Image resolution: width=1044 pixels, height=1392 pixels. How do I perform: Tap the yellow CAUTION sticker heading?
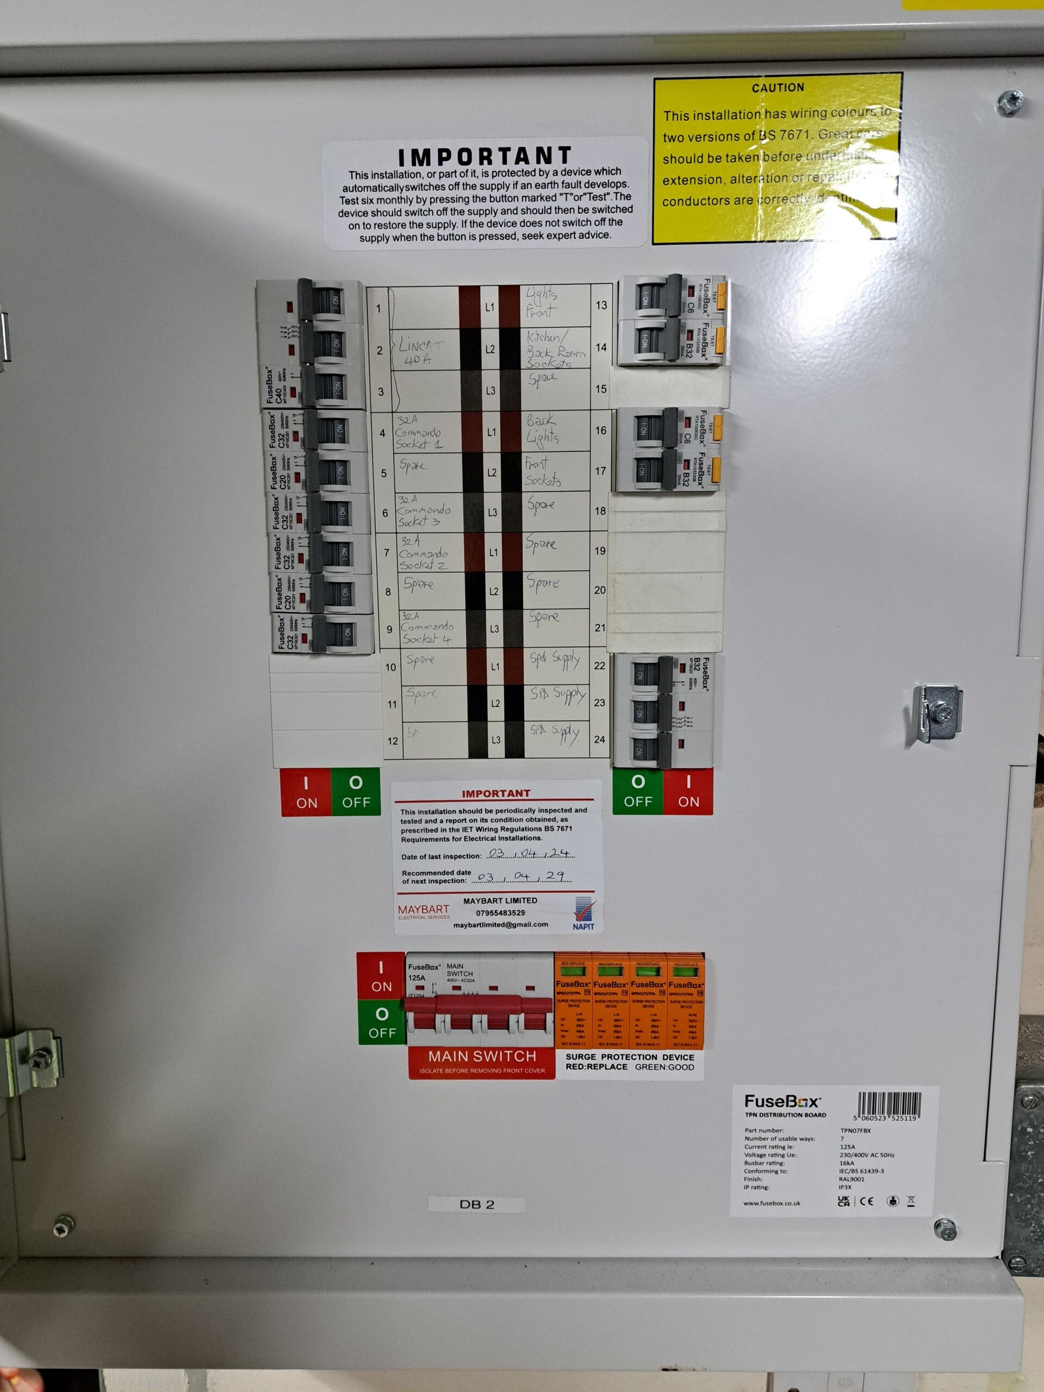point(777,88)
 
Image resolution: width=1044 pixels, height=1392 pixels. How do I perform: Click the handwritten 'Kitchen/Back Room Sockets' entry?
point(555,349)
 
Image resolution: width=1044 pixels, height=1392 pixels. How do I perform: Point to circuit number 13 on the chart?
point(601,305)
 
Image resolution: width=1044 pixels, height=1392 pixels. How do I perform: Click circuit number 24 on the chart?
point(599,739)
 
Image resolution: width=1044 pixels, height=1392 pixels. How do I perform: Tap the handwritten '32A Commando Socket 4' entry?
point(427,628)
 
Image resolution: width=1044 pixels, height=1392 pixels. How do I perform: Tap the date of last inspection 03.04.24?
point(531,854)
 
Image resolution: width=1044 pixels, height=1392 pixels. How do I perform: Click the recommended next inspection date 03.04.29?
point(524,877)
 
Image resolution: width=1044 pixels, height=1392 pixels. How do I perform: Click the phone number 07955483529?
point(500,912)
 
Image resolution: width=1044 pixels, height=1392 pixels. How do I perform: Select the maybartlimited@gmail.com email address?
point(500,924)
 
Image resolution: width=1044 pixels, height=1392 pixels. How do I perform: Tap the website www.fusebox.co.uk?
point(772,1203)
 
